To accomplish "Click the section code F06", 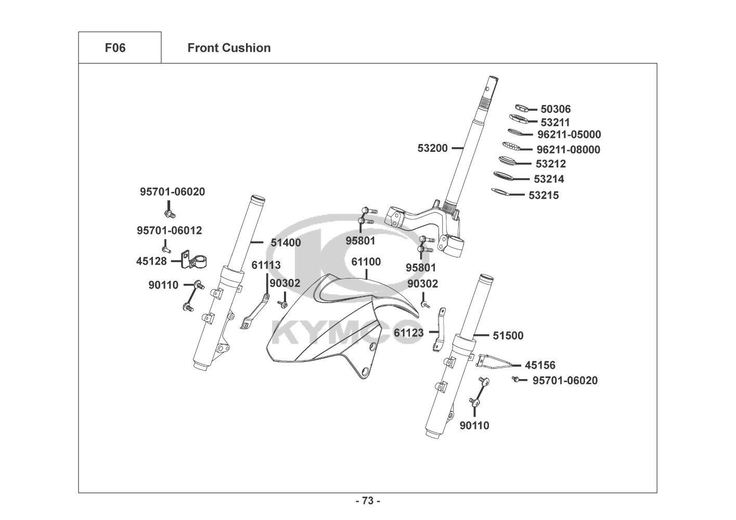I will point(115,48).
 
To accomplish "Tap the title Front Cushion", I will point(229,48).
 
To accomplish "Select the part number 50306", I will point(556,109).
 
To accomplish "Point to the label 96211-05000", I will point(569,135).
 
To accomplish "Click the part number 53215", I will point(544,196).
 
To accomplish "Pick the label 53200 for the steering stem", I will point(432,148).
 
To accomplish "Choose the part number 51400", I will point(286,242).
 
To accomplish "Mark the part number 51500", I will point(508,336).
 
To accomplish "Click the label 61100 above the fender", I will point(366,262).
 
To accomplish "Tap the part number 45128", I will point(151,261).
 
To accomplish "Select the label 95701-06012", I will point(170,230).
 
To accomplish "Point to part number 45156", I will point(540,366).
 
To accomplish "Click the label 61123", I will point(408,332).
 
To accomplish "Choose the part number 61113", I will point(266,265).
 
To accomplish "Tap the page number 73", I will point(368,501).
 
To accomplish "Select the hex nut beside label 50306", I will point(521,108).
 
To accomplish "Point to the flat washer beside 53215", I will point(500,193).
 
